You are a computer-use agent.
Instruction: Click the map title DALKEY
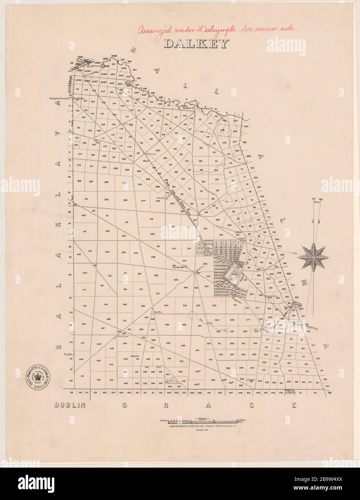(x=196, y=44)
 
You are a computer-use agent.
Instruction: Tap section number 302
(x=106, y=199)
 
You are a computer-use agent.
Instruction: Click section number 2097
(x=95, y=82)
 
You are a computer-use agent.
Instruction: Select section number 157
(x=127, y=117)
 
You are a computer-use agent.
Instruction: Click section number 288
(x=228, y=368)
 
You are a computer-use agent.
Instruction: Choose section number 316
(x=205, y=229)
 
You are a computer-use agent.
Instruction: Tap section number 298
(x=106, y=182)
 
